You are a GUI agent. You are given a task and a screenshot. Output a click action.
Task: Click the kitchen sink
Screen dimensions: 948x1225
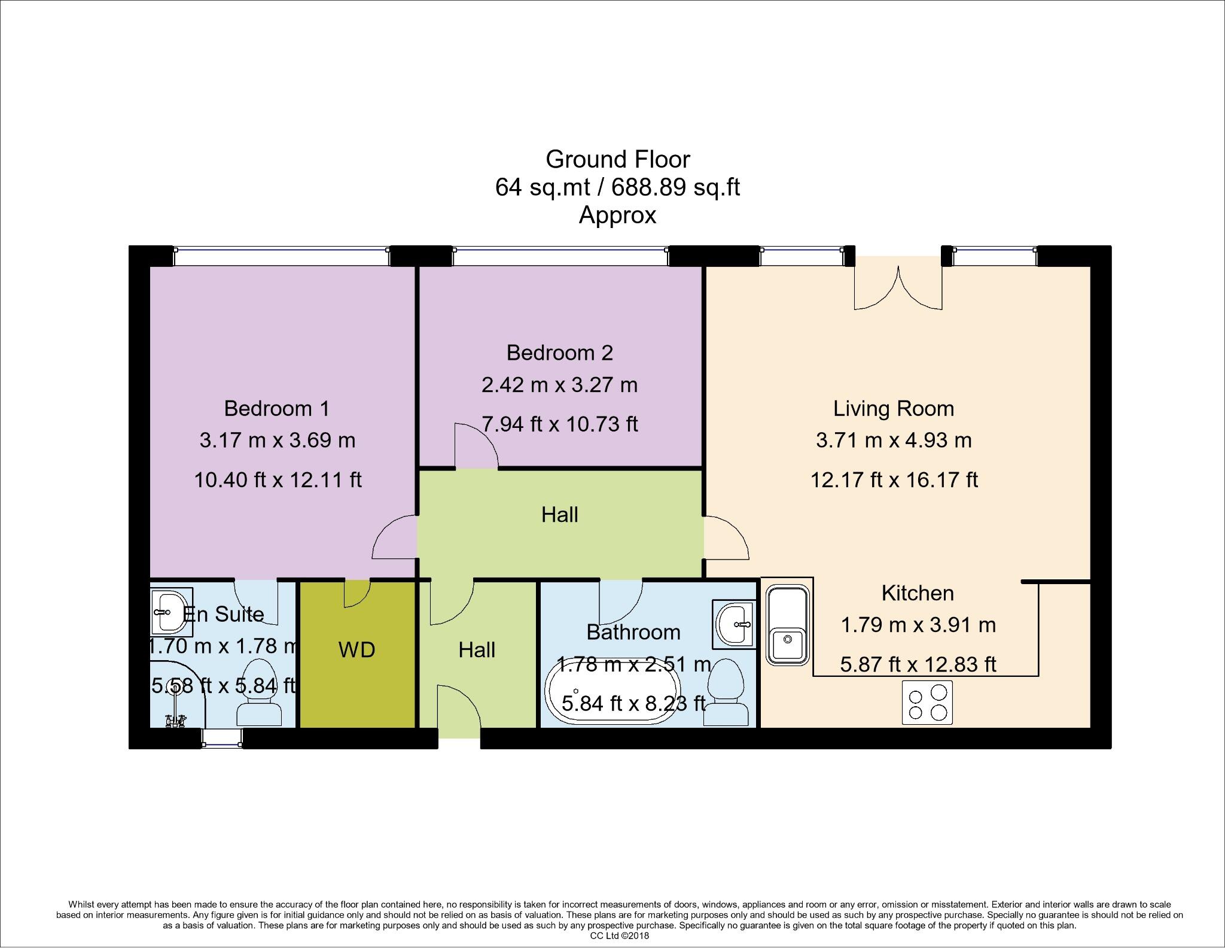[x=788, y=626]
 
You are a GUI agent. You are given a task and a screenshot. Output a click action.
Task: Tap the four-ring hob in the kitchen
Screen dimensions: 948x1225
[x=927, y=703]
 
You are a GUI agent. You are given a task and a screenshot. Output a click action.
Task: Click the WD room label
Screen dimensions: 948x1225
[x=357, y=649]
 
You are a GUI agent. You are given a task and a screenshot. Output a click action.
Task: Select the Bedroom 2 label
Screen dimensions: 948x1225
[x=559, y=353]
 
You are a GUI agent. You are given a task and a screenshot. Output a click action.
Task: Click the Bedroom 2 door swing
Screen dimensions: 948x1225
[x=476, y=446]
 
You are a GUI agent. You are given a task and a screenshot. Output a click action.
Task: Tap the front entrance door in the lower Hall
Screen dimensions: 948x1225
[x=459, y=709]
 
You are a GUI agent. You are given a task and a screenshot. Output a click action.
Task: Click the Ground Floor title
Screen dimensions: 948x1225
[x=617, y=159]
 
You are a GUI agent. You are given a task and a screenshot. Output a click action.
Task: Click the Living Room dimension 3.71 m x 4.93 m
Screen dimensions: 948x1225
[x=893, y=440]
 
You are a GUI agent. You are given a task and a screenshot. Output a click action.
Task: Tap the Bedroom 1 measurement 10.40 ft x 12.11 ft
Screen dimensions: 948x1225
[x=278, y=479]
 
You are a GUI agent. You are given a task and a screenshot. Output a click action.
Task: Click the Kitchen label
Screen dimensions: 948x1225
[x=917, y=593]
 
